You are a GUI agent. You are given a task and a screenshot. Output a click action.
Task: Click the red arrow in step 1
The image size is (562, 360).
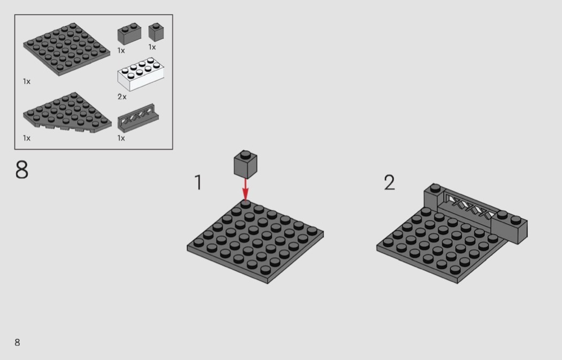point(245,189)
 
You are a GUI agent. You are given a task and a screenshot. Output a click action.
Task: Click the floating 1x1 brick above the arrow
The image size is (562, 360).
point(246,164)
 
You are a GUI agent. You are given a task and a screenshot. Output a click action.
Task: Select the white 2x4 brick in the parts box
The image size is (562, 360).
point(140,75)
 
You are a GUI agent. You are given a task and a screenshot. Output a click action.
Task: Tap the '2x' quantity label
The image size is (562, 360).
point(122,97)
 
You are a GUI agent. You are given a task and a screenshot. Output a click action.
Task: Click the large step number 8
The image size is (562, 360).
point(22,170)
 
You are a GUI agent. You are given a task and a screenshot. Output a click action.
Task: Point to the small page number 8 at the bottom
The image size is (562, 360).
point(17,342)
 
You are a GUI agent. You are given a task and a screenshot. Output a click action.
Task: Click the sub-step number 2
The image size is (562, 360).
point(389,182)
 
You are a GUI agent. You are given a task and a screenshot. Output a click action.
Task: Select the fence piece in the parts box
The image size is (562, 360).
point(138,118)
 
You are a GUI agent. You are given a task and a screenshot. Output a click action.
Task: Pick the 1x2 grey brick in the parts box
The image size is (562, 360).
point(130,34)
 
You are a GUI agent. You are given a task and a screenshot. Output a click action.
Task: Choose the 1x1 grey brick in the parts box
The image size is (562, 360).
point(156,32)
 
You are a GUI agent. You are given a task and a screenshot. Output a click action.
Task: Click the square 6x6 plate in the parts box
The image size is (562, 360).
point(67,49)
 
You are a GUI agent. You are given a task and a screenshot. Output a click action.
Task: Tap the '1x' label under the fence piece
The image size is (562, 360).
point(121,138)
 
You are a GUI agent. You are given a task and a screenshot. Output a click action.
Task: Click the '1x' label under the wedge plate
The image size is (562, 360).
point(27,138)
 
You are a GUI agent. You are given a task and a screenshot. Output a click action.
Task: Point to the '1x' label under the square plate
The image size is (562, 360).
point(27,82)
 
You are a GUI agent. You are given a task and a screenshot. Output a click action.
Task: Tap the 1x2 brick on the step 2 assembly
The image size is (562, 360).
point(510,227)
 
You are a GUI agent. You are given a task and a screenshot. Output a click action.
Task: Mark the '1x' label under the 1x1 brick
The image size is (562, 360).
point(153,47)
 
